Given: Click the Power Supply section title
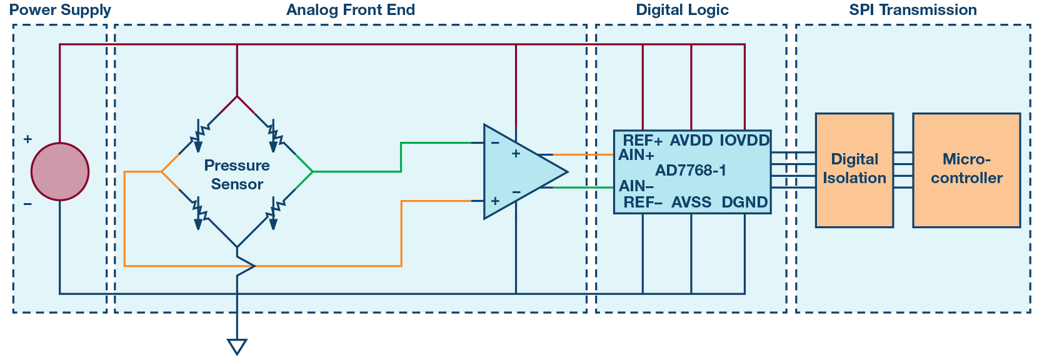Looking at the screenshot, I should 60,10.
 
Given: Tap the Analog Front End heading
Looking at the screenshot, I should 350,10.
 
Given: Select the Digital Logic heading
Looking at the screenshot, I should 682,10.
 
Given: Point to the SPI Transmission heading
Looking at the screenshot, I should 913,10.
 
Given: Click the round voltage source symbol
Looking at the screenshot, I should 60,171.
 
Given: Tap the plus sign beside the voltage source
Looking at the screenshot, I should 28,139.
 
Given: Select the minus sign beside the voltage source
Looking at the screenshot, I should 28,204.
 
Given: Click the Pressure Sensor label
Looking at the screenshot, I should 237,175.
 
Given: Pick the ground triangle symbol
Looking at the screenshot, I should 237,346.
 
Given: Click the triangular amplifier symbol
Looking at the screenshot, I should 519,172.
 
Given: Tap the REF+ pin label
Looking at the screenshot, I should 643,141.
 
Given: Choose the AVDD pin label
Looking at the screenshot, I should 691,141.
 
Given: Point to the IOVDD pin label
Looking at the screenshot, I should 744,141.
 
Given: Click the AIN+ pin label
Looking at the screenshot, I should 636,155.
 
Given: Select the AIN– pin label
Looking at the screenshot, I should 636,186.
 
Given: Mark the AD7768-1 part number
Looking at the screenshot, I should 691,171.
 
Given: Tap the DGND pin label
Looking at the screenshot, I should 744,202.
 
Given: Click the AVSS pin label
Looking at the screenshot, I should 691,202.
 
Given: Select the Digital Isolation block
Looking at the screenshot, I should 854,169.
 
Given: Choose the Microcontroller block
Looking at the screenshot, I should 966,169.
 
